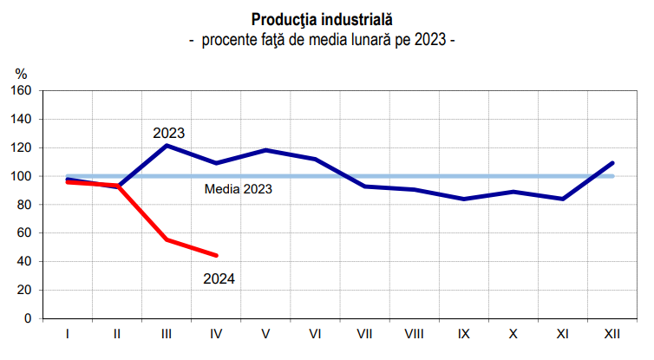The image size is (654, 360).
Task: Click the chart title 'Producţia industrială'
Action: [x=322, y=18]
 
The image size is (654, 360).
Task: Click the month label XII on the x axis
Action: [x=612, y=333]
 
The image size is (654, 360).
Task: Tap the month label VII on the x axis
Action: [x=364, y=333]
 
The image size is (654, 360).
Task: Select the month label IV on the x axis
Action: [x=215, y=333]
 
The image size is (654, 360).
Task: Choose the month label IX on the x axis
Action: [x=464, y=333]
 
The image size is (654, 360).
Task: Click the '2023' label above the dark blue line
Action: [x=169, y=134]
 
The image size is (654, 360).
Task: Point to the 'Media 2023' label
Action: [x=239, y=188]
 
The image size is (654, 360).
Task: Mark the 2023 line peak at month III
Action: [x=167, y=145]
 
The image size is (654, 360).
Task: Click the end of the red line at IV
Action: [x=216, y=255]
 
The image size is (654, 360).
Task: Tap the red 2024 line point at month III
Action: [x=167, y=239]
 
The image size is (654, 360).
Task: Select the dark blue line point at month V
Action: [x=265, y=150]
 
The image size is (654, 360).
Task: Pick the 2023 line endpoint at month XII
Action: [x=613, y=163]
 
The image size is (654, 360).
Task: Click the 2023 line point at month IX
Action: [x=464, y=199]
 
